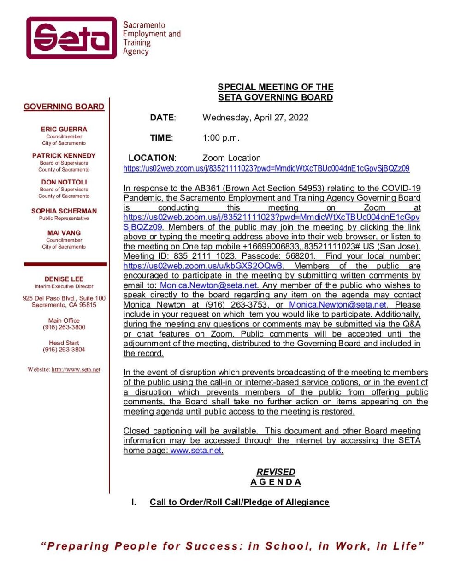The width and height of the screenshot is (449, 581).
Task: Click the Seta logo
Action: coord(71,38)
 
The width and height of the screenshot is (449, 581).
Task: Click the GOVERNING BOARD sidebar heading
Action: coord(64,107)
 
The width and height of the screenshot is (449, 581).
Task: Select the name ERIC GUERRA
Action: coord(64,130)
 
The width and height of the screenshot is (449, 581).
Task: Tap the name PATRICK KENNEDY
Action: coord(64,156)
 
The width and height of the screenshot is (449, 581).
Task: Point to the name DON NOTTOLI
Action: coord(64,182)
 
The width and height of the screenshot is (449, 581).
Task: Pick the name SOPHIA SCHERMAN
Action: coord(64,211)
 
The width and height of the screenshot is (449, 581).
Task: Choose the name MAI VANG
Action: coord(64,233)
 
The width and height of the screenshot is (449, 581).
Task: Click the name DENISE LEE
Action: coord(64,279)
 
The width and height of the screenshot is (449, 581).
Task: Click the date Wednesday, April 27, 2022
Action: coord(255,117)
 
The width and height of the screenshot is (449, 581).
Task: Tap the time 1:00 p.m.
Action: coord(221,137)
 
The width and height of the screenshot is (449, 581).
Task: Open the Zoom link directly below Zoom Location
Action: coord(266,168)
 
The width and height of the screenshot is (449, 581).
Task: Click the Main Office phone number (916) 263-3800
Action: coord(64,327)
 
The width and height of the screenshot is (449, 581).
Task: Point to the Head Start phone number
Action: coord(64,350)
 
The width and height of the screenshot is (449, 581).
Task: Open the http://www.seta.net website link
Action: coord(76,369)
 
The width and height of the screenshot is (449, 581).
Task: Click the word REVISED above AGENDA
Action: coord(276,472)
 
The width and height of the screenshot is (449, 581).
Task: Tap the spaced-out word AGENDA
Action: coord(276,482)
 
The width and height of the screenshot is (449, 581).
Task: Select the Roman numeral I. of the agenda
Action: coord(134,502)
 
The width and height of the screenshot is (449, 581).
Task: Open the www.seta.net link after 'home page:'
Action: coord(196,451)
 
